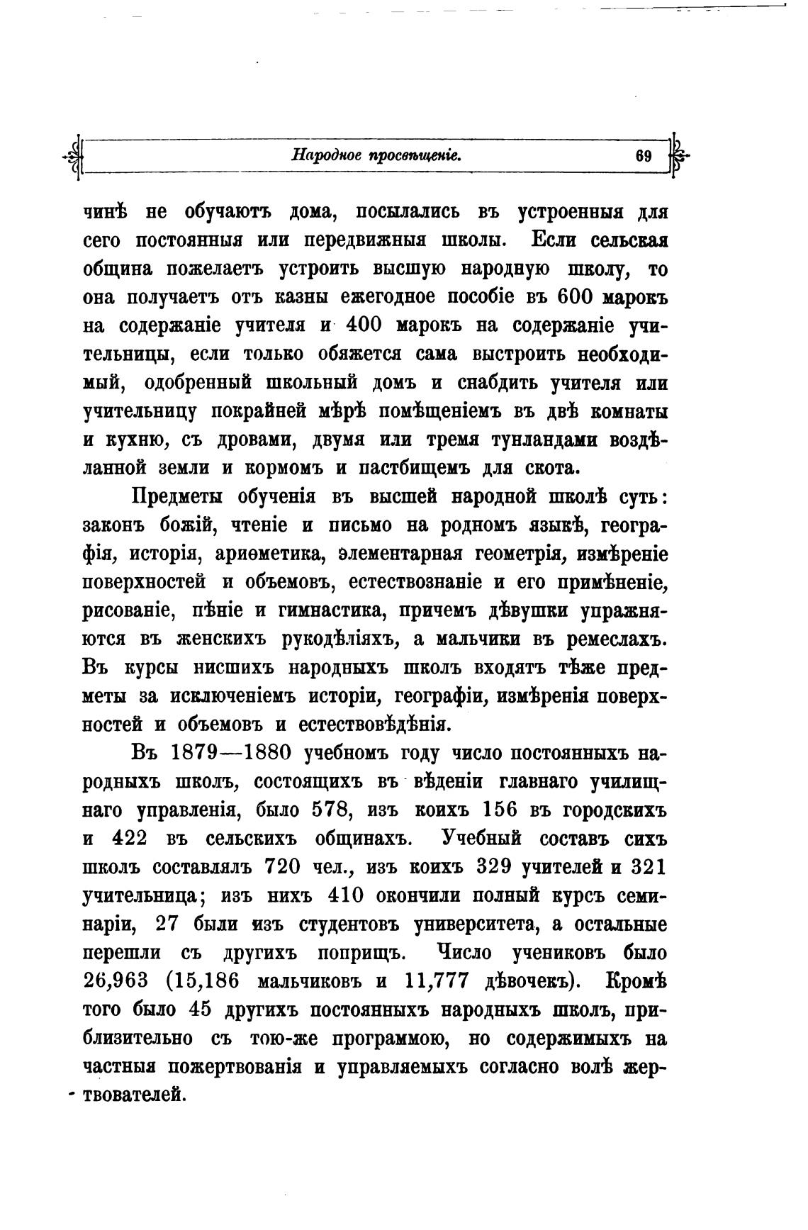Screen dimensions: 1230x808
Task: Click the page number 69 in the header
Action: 644,157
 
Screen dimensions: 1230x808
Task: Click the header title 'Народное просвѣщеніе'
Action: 376,155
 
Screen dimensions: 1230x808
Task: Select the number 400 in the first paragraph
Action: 364,325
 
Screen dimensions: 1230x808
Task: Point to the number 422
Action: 130,838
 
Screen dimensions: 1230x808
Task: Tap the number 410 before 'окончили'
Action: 346,895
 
